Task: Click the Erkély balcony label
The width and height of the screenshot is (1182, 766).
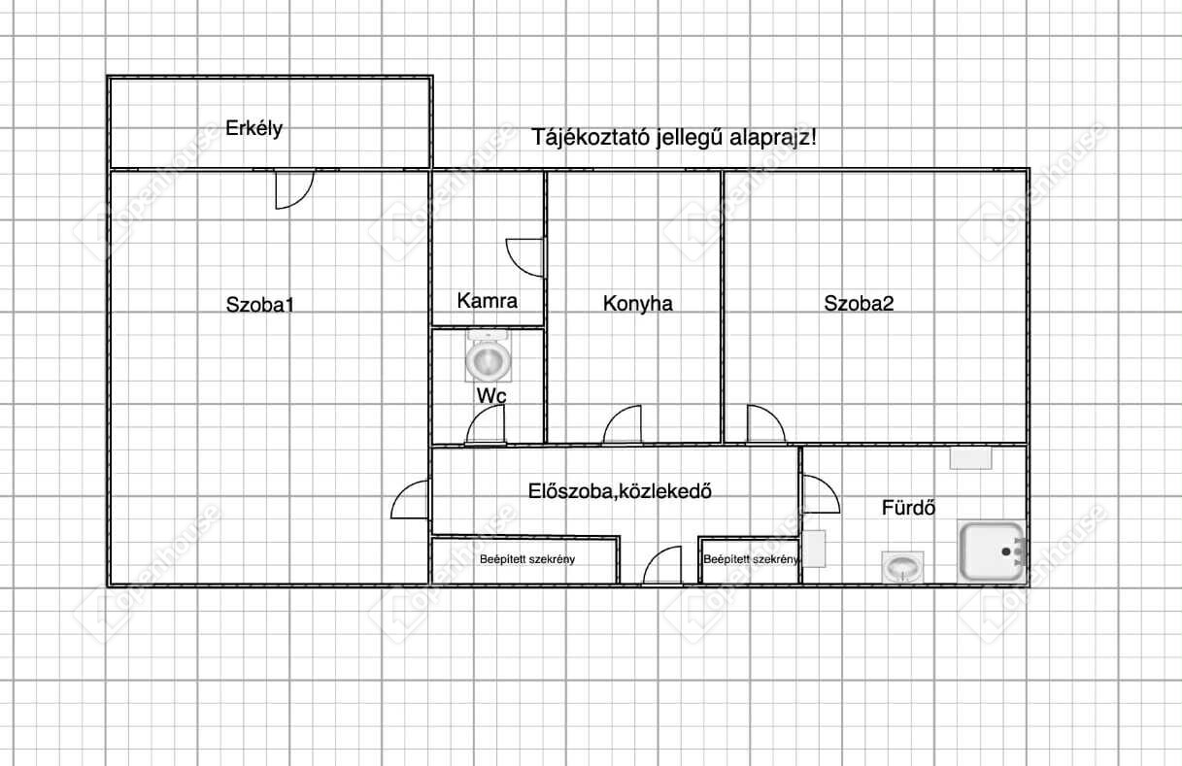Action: point(253,128)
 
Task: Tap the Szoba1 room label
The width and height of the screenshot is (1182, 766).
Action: point(259,305)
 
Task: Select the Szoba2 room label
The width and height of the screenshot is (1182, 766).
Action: point(859,303)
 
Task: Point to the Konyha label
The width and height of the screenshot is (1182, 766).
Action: point(637,304)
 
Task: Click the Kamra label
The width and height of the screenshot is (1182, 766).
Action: point(487,301)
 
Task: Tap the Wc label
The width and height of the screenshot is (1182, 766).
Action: point(491,396)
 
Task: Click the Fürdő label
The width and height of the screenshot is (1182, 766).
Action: point(909,508)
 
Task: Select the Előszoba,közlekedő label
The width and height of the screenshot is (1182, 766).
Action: point(620,491)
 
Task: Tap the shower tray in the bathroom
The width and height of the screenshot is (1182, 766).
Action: point(992,551)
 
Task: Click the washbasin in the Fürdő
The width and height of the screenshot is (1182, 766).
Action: point(902,567)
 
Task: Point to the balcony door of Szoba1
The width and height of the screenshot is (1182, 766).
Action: point(294,189)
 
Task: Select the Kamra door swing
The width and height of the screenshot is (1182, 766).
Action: point(525,257)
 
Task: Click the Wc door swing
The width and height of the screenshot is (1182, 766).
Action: point(485,424)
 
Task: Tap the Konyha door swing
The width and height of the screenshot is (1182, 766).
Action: point(623,424)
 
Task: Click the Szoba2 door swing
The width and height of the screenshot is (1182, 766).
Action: point(766,423)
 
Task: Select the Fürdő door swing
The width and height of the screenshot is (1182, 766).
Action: point(821,494)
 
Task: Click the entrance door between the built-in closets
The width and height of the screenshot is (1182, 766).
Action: point(662,565)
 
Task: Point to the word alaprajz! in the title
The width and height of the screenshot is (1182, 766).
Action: point(773,138)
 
